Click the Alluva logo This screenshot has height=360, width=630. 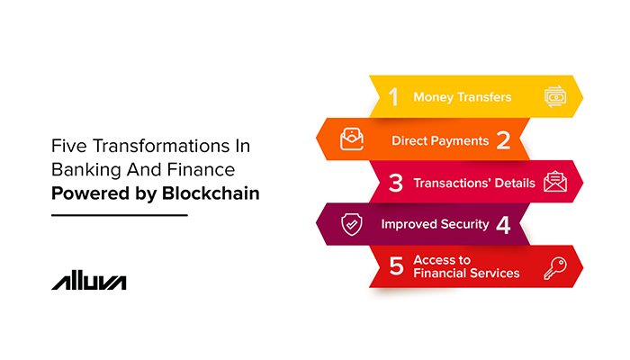click(x=88, y=281)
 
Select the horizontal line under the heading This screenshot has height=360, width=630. click(x=119, y=216)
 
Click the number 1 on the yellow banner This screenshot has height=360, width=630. click(x=393, y=96)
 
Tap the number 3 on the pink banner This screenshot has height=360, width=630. click(x=394, y=183)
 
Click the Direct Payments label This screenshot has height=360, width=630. click(x=440, y=140)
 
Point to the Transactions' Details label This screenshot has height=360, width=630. click(x=473, y=183)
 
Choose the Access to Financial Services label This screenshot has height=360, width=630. click(x=466, y=266)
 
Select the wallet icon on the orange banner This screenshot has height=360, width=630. click(x=351, y=140)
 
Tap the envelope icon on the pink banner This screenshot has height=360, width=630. click(x=554, y=183)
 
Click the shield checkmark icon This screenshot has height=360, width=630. click(x=352, y=225)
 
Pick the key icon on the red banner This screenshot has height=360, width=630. click(x=554, y=266)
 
